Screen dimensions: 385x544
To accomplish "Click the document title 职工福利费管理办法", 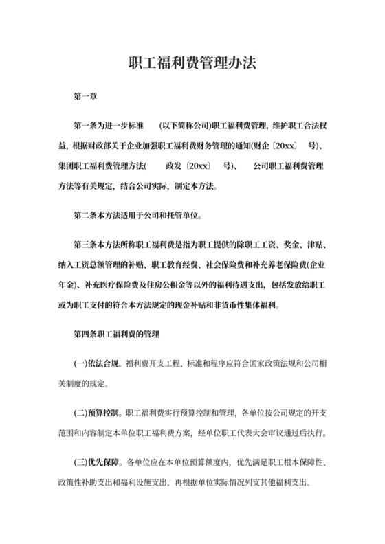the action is pos(192,63).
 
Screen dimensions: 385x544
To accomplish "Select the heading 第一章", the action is pos(85,98).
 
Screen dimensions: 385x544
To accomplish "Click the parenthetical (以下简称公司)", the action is pos(184,127).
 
